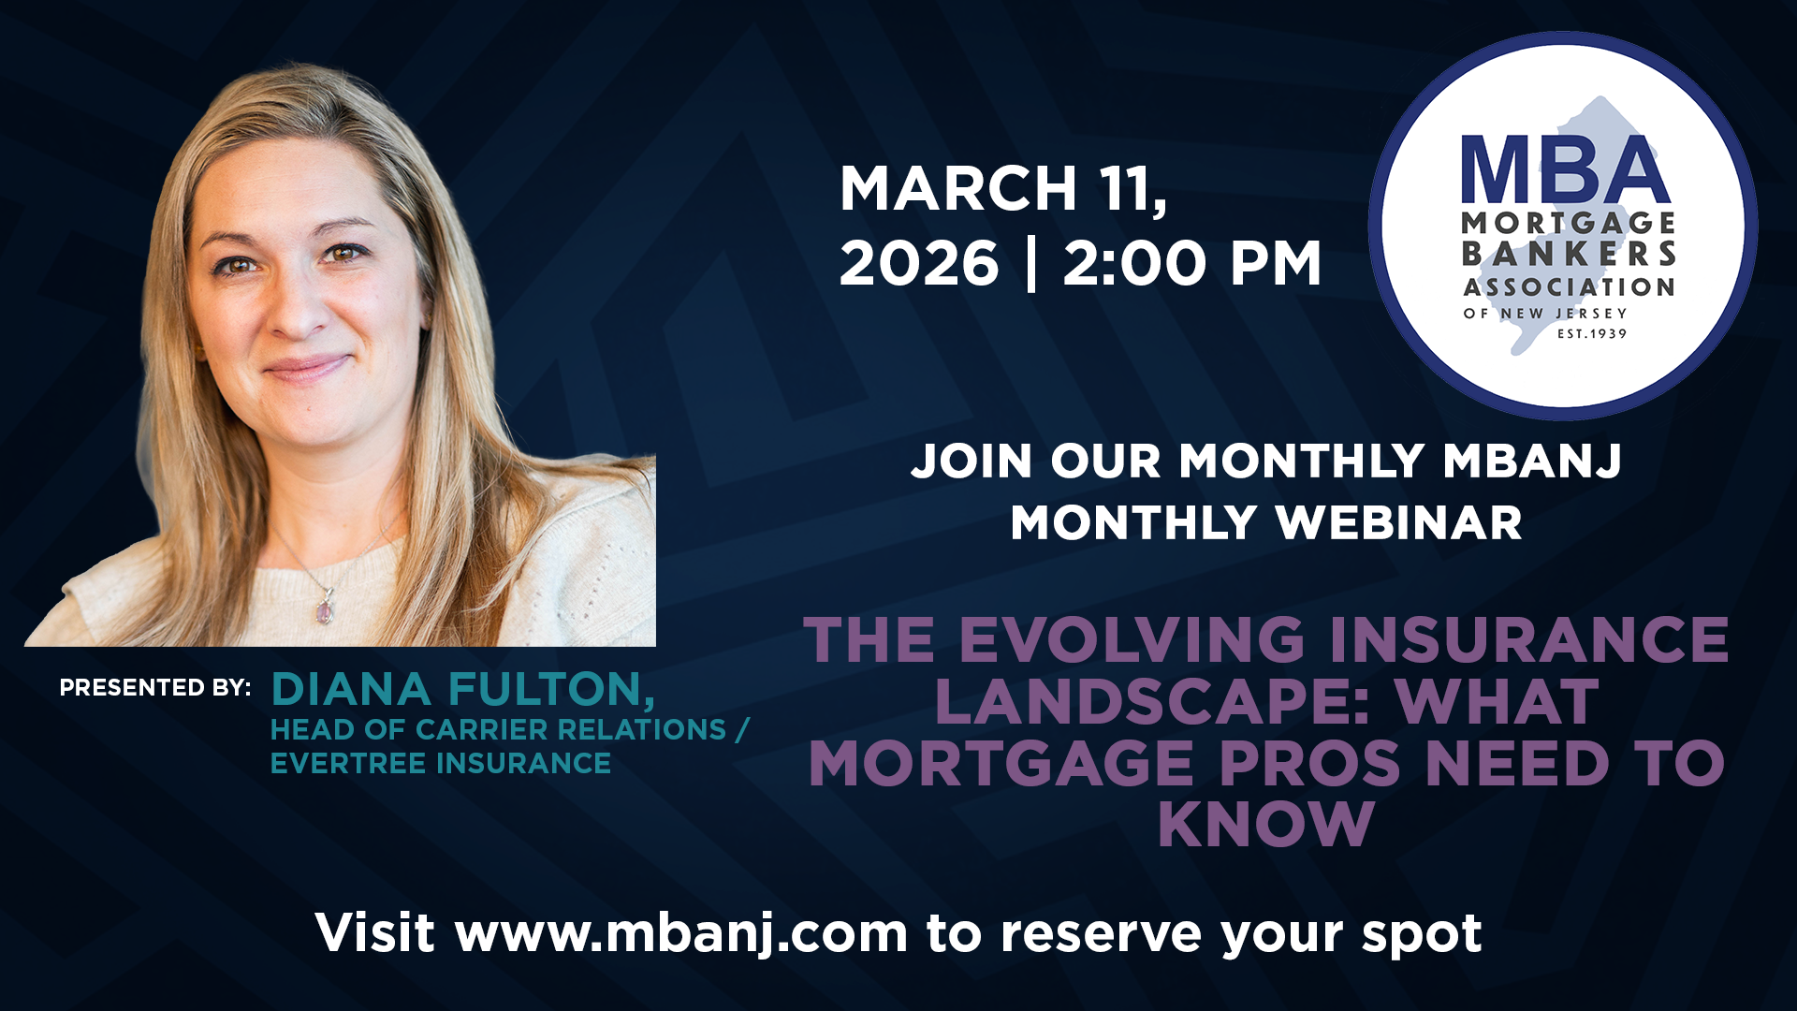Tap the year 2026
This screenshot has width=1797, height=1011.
[x=919, y=263]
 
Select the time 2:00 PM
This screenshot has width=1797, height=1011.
[x=1191, y=263]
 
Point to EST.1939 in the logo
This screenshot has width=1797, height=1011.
[x=1592, y=333]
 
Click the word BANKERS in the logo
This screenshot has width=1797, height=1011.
[x=1569, y=254]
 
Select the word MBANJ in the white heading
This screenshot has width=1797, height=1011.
[x=1532, y=461]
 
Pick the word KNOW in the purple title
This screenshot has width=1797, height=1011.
[x=1266, y=825]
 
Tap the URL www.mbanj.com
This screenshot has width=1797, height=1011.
[x=681, y=934]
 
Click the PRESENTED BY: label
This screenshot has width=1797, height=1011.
[x=155, y=687]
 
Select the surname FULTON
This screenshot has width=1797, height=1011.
[x=552, y=691]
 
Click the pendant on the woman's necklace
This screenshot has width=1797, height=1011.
[x=325, y=610]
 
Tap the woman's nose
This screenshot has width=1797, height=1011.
[x=298, y=309]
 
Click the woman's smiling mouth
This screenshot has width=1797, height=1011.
[x=306, y=368]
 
